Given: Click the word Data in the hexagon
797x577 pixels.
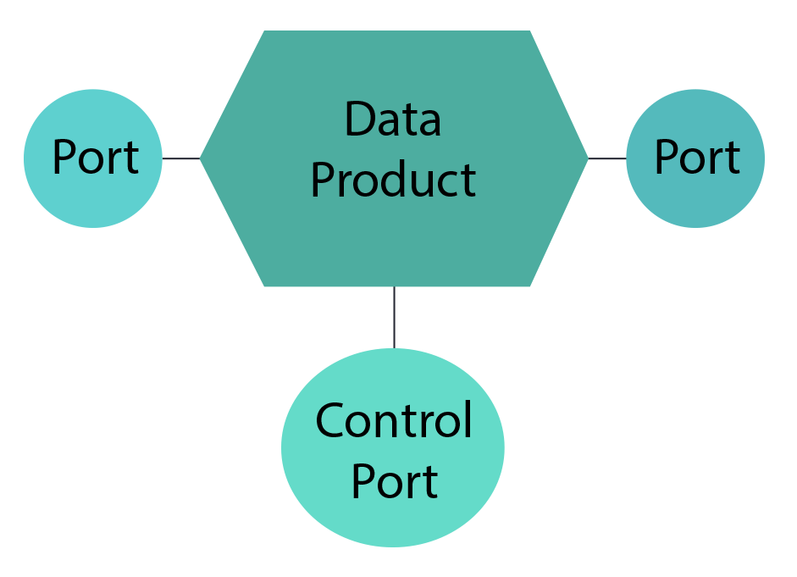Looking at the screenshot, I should [392, 119].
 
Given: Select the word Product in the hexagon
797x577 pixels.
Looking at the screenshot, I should [393, 179].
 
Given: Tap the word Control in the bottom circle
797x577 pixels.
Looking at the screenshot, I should [393, 420].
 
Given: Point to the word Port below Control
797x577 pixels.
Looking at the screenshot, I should [394, 480].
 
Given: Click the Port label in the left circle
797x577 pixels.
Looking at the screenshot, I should [95, 158].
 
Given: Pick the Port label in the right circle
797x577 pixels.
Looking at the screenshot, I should [697, 158].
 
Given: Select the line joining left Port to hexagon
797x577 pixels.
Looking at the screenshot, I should [180, 158].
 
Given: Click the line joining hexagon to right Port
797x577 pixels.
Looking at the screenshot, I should [606, 158].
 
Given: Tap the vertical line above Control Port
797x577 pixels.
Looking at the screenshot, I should [394, 317].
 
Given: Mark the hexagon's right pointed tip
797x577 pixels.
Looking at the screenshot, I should [587, 158].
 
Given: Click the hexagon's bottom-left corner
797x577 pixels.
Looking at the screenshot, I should [265, 286].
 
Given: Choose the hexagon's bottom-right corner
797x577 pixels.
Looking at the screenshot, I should [529, 286].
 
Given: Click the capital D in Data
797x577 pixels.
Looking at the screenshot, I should [359, 119].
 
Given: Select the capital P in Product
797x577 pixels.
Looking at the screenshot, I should [324, 179].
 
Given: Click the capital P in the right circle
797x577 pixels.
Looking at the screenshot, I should [667, 158].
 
